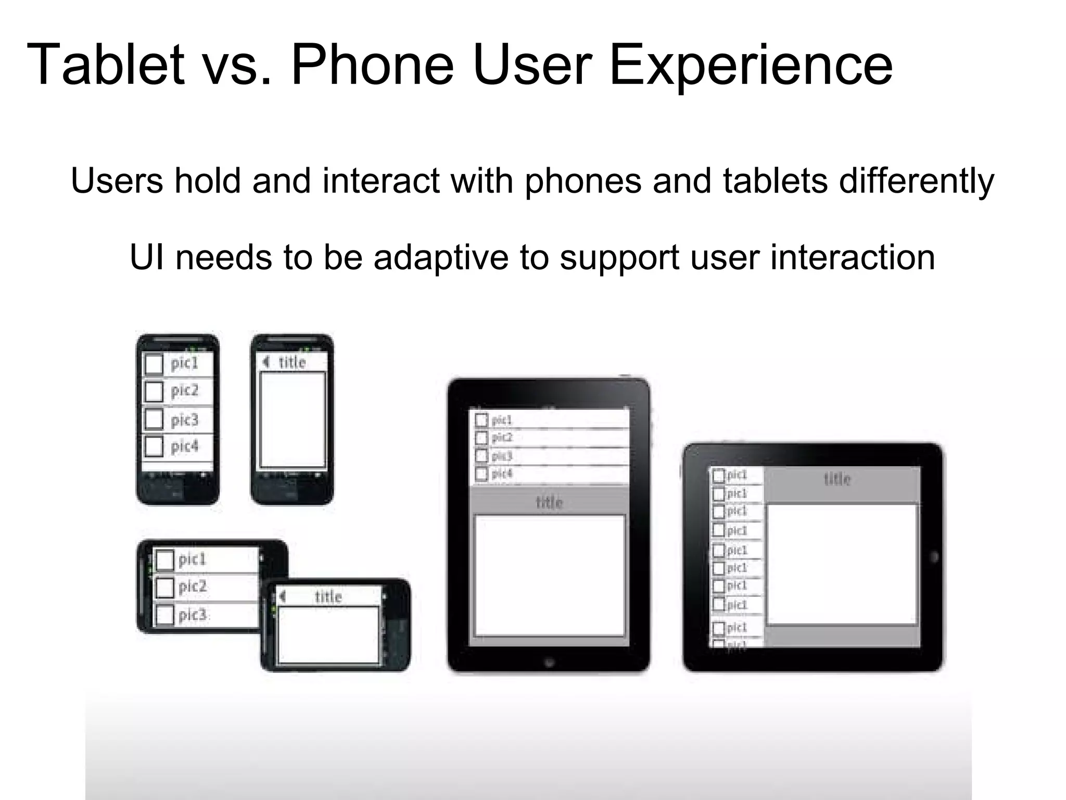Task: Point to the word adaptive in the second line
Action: (440, 257)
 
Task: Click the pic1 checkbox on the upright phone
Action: (154, 364)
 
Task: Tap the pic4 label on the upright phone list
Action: (184, 446)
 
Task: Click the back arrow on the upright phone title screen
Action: (266, 362)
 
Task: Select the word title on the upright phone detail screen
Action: (292, 362)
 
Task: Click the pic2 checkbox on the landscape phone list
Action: (164, 587)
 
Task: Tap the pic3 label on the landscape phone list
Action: (193, 615)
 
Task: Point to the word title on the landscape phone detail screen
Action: (328, 596)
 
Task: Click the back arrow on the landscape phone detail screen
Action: (283, 596)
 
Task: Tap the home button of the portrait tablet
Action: (549, 662)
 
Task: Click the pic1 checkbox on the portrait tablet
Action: (481, 420)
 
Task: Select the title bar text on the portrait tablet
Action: (549, 503)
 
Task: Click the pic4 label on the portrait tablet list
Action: (502, 473)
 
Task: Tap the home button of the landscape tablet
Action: (934, 557)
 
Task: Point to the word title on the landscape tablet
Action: (837, 479)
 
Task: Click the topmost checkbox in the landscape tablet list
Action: (718, 475)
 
